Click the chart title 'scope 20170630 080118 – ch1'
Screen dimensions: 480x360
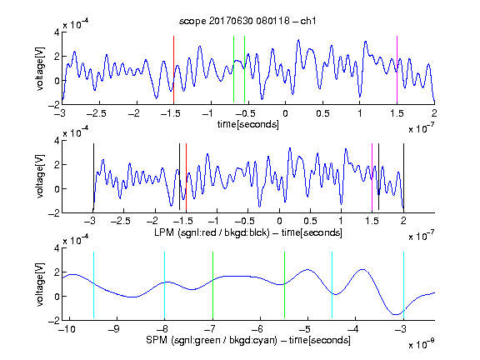point(247,21)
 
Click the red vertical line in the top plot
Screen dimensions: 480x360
point(173,69)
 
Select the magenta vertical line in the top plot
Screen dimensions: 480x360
point(397,69)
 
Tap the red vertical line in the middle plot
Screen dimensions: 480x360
point(186,177)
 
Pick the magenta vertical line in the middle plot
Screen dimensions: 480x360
point(372,177)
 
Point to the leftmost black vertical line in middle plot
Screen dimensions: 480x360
point(93,177)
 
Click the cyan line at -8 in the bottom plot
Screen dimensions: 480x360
point(165,285)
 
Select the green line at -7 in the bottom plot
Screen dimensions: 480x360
point(212,285)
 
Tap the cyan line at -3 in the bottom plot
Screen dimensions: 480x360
point(403,285)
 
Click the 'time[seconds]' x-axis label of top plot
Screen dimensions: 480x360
point(248,124)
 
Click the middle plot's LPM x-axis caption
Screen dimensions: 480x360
point(248,232)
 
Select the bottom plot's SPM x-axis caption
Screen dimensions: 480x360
point(248,340)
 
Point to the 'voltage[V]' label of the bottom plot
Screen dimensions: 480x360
point(40,284)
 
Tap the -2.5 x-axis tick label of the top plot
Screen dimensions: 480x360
point(97,113)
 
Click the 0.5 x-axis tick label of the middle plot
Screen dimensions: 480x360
point(310,221)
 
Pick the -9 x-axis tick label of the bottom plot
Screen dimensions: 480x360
point(114,329)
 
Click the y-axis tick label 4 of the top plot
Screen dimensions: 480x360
point(57,32)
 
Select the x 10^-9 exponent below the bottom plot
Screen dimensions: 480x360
point(421,344)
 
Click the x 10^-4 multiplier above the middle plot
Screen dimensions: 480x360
point(76,132)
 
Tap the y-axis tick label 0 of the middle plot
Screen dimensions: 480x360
point(57,189)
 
